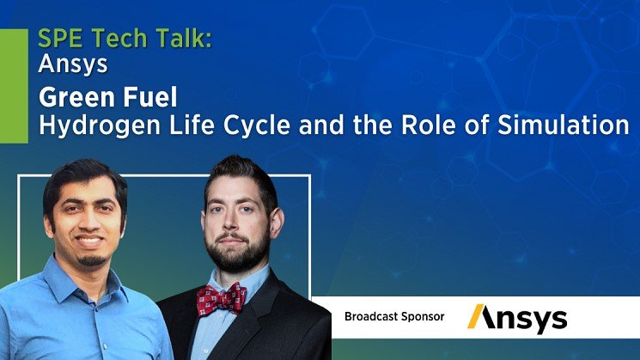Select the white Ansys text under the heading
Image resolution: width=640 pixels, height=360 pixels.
[x=70, y=63]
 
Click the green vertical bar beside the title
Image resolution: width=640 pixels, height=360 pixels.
[x=13, y=85]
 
